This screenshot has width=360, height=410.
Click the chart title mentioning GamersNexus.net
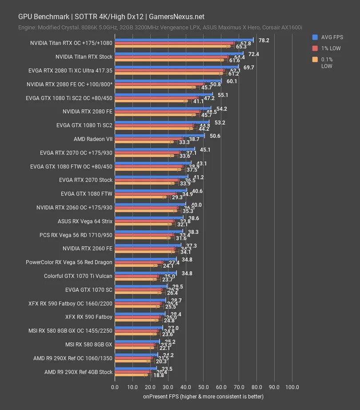click(x=111, y=16)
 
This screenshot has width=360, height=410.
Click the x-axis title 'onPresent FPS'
click(x=203, y=396)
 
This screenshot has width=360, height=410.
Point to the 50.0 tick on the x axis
click(x=203, y=387)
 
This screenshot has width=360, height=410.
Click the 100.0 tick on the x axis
click(x=292, y=387)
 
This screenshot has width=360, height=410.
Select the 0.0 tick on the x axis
click(x=115, y=387)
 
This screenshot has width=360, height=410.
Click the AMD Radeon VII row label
click(x=93, y=139)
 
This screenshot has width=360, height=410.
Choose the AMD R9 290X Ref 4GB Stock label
click(x=79, y=372)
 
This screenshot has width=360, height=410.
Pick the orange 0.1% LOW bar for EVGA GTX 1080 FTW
click(x=140, y=197)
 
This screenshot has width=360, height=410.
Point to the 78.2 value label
click(x=264, y=40)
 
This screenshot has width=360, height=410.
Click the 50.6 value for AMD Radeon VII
click(x=215, y=136)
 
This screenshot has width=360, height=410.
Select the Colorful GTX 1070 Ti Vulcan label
click(x=78, y=276)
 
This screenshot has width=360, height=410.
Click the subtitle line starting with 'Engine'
click(x=160, y=28)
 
